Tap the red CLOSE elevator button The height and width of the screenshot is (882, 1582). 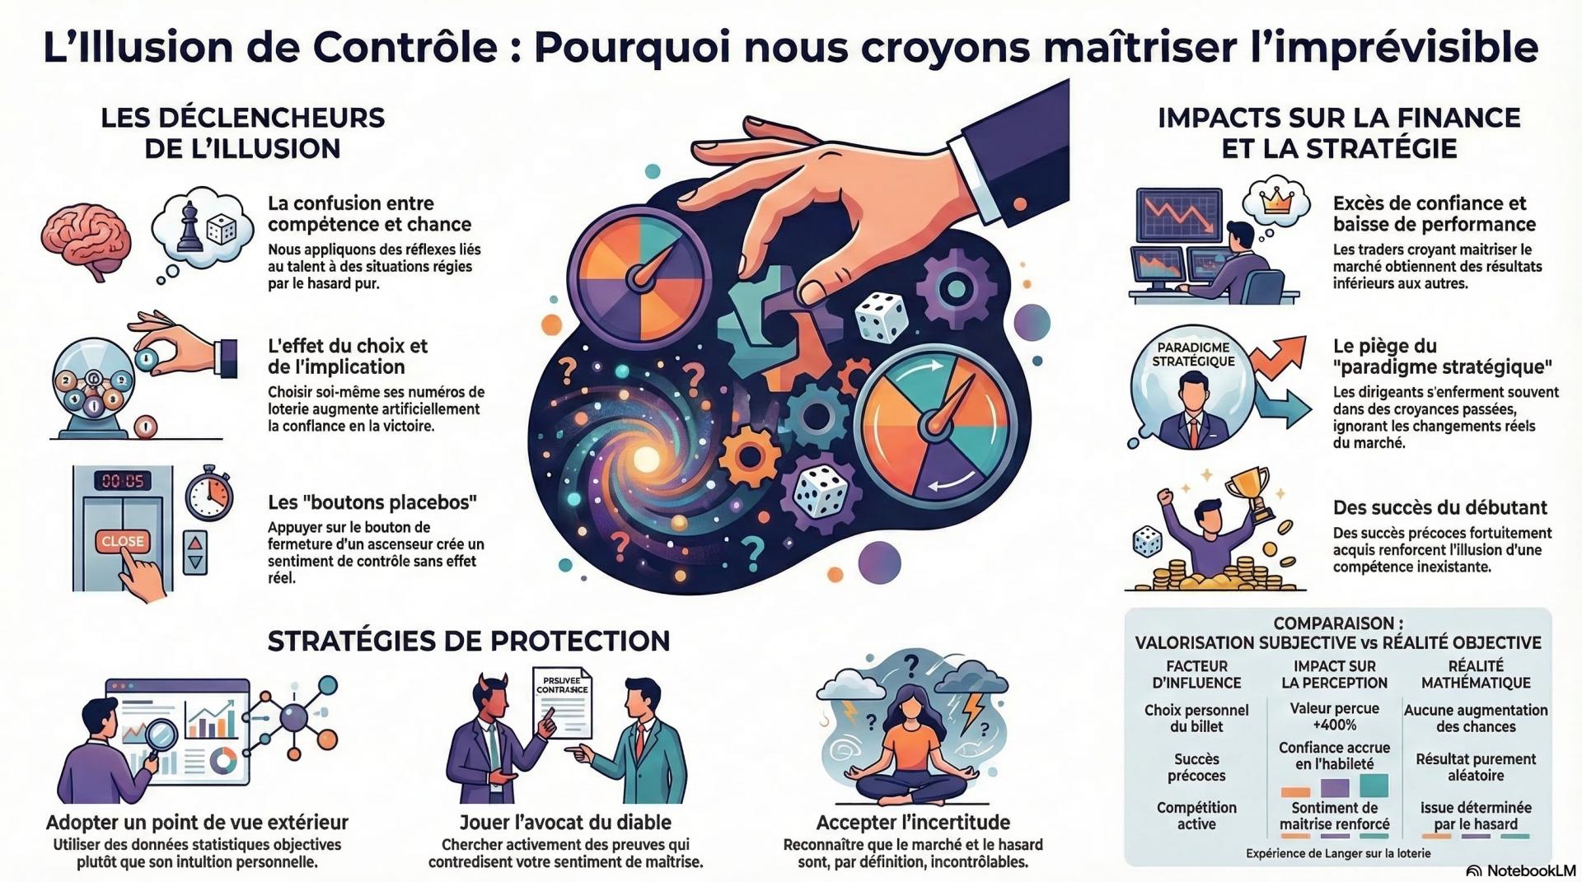pyautogui.click(x=123, y=541)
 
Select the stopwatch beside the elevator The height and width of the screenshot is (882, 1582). pyautogui.click(x=209, y=496)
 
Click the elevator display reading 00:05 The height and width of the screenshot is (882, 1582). pyautogui.click(x=122, y=480)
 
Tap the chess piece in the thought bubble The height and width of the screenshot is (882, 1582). pyautogui.click(x=190, y=223)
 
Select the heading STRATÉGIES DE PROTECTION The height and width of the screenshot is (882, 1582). pyautogui.click(x=469, y=641)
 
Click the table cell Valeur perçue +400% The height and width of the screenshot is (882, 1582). pyautogui.click(x=1334, y=716)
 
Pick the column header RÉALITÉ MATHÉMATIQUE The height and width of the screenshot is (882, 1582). pyautogui.click(x=1475, y=674)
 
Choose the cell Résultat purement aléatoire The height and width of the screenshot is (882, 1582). pyautogui.click(x=1475, y=767)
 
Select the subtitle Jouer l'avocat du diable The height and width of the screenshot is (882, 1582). pyautogui.click(x=564, y=822)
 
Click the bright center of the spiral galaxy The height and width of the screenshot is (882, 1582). pyautogui.click(x=645, y=458)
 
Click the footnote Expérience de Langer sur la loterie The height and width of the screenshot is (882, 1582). pyautogui.click(x=1337, y=853)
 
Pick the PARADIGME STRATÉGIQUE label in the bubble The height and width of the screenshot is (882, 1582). pyautogui.click(x=1192, y=354)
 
